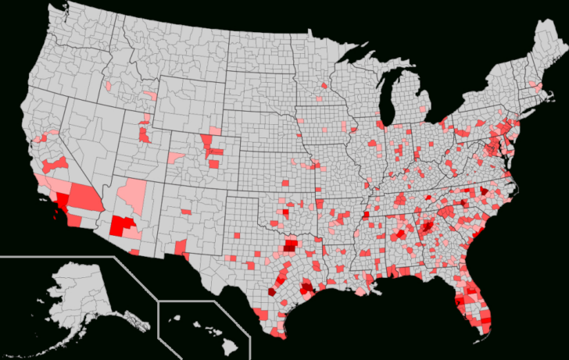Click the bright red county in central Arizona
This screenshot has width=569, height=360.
(120, 226)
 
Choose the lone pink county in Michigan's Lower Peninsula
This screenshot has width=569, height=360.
(424, 109)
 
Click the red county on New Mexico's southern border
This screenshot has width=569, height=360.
(181, 249)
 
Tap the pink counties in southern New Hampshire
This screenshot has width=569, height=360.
(534, 84)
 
